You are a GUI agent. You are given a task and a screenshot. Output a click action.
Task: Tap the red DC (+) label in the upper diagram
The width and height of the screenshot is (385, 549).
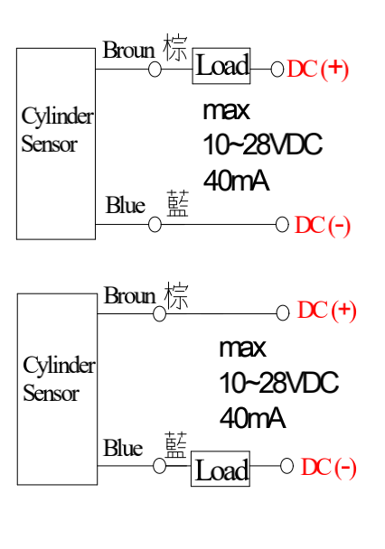click(x=318, y=69)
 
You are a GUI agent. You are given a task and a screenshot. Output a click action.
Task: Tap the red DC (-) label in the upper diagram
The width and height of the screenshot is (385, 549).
click(x=323, y=225)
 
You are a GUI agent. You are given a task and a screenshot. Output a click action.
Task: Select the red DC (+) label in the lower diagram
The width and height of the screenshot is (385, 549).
click(x=326, y=311)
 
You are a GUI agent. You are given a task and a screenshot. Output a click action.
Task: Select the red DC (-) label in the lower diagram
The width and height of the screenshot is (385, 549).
click(x=329, y=468)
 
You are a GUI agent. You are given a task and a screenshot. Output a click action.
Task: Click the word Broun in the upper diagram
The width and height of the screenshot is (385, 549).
click(x=128, y=50)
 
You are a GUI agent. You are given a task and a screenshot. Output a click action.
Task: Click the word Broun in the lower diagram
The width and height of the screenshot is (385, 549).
click(x=129, y=295)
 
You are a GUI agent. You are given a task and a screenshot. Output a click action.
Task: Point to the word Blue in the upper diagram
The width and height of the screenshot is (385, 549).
click(x=126, y=205)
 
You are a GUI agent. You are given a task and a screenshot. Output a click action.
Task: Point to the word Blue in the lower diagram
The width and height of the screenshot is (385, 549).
click(x=123, y=448)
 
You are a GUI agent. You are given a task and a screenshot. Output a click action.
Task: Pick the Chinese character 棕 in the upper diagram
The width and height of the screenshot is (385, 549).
click(x=175, y=47)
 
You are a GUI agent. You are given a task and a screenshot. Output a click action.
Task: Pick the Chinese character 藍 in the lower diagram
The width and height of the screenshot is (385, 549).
click(x=176, y=444)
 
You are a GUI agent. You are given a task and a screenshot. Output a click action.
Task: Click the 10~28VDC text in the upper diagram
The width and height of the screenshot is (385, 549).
click(x=262, y=144)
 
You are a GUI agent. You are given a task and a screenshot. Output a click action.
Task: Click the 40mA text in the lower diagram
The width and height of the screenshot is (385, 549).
click(x=252, y=418)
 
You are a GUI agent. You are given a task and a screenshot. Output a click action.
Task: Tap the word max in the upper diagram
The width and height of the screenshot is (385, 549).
click(x=226, y=111)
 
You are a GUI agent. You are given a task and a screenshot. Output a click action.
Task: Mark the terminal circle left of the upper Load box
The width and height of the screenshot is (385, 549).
click(x=155, y=69)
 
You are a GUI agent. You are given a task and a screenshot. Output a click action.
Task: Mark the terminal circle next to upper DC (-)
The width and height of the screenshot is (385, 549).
click(x=282, y=225)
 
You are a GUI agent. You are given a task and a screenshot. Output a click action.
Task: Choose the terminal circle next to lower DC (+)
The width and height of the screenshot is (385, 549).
click(x=283, y=313)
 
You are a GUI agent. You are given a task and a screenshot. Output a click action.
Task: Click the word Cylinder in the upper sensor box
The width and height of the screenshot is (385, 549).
click(x=58, y=116)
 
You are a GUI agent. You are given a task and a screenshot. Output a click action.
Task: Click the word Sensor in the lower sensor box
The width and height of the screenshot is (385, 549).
click(x=51, y=393)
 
